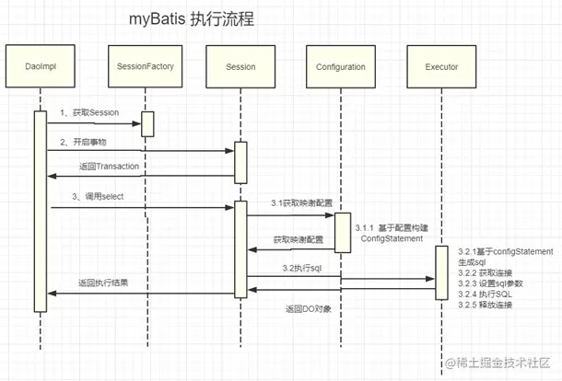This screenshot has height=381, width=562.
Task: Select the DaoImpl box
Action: (x=41, y=67)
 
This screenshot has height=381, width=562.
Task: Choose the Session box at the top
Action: (x=240, y=67)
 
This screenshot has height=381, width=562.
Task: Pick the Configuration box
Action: (x=340, y=67)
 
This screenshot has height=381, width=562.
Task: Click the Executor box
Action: (x=442, y=67)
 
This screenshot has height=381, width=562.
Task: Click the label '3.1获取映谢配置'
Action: (x=298, y=202)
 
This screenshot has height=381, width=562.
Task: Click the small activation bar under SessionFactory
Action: (x=146, y=123)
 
